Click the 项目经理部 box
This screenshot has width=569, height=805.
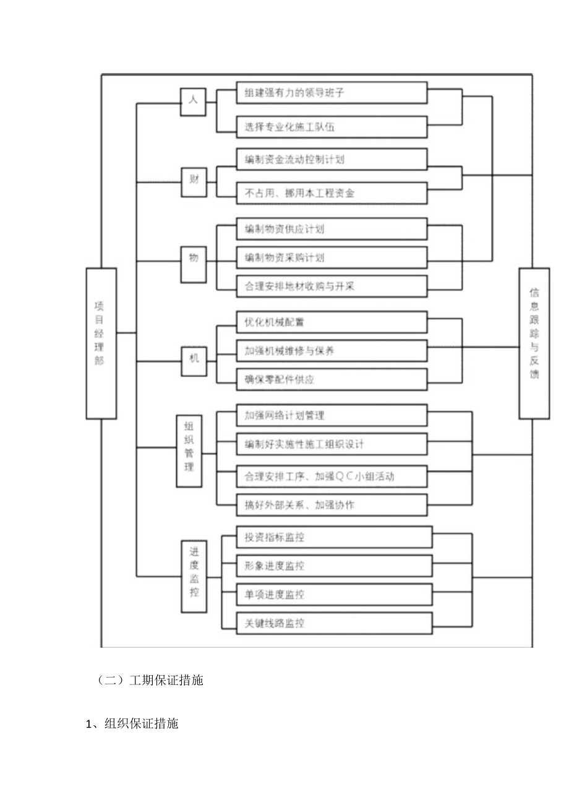coord(101,343)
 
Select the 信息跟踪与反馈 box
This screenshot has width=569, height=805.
coord(534,343)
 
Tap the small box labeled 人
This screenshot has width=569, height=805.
coord(192,101)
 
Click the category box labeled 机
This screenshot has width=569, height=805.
coord(193,357)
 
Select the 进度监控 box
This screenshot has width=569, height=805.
coord(194,577)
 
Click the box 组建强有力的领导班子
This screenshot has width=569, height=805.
coord(332,93)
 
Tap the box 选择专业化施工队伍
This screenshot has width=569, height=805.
coord(332,127)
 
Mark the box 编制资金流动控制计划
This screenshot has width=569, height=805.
coord(332,160)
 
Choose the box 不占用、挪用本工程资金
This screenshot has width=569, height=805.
coord(332,193)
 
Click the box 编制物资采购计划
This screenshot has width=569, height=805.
coord(332,257)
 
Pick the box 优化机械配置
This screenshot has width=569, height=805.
coord(332,322)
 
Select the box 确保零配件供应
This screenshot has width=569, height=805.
coord(332,379)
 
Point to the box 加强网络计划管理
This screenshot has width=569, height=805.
coord(332,415)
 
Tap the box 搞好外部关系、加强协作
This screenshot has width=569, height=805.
coord(332,505)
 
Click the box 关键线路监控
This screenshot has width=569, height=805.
coord(334,624)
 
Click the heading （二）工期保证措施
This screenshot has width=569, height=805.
coord(151,681)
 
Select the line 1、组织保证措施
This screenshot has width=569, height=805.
coord(132,723)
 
